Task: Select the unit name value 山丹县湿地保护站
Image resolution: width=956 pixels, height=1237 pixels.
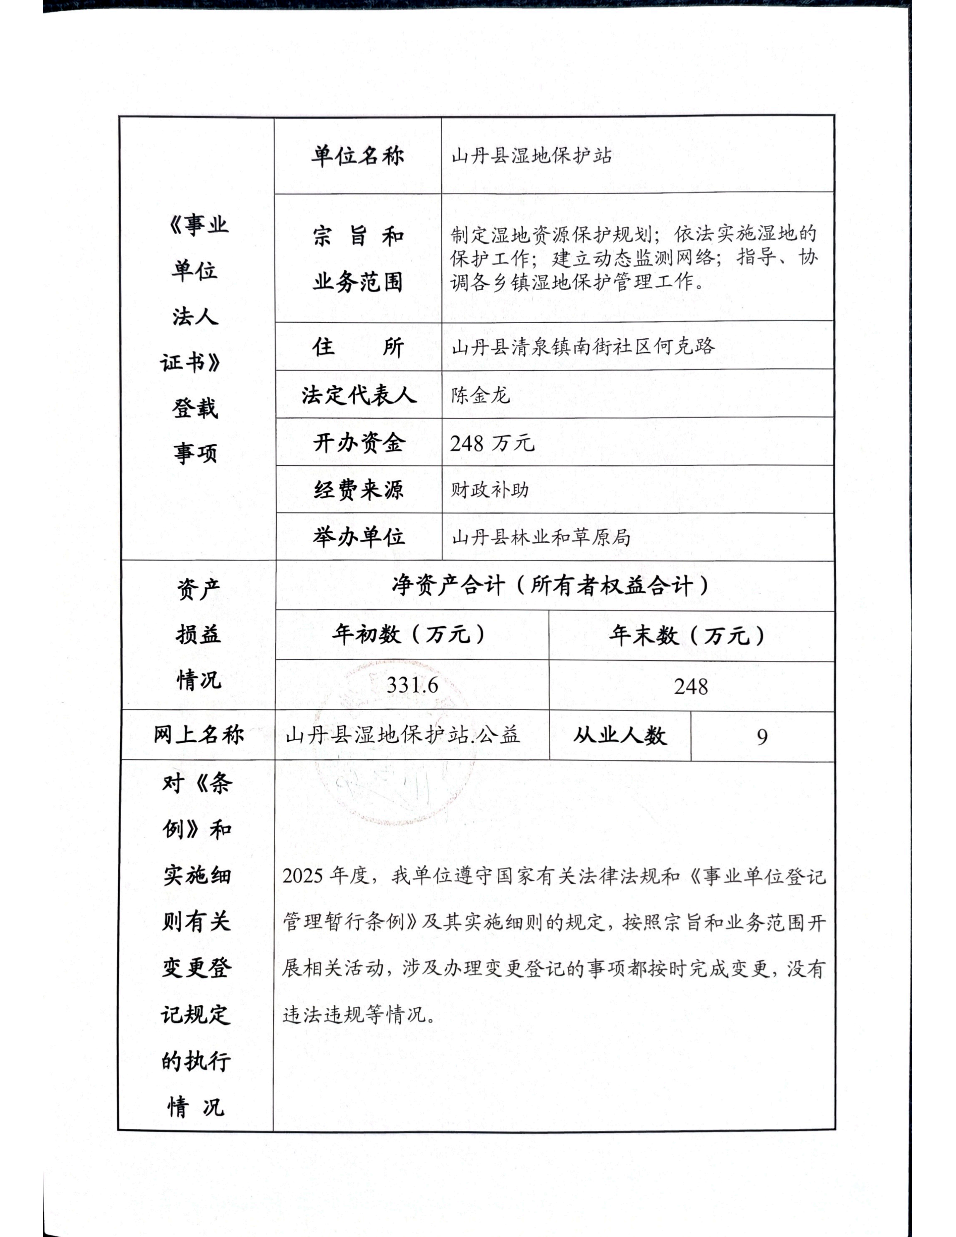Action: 531,156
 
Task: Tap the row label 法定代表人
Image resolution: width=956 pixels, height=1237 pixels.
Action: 359,395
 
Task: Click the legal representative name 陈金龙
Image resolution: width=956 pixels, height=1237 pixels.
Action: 480,395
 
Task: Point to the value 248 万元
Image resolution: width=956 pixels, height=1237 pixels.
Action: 491,443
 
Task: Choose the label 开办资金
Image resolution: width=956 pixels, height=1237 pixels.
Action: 359,442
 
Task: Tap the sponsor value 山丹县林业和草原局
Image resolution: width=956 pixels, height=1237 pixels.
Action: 541,537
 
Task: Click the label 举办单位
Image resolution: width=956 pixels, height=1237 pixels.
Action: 359,537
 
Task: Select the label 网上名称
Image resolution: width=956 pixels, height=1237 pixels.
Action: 198,734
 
